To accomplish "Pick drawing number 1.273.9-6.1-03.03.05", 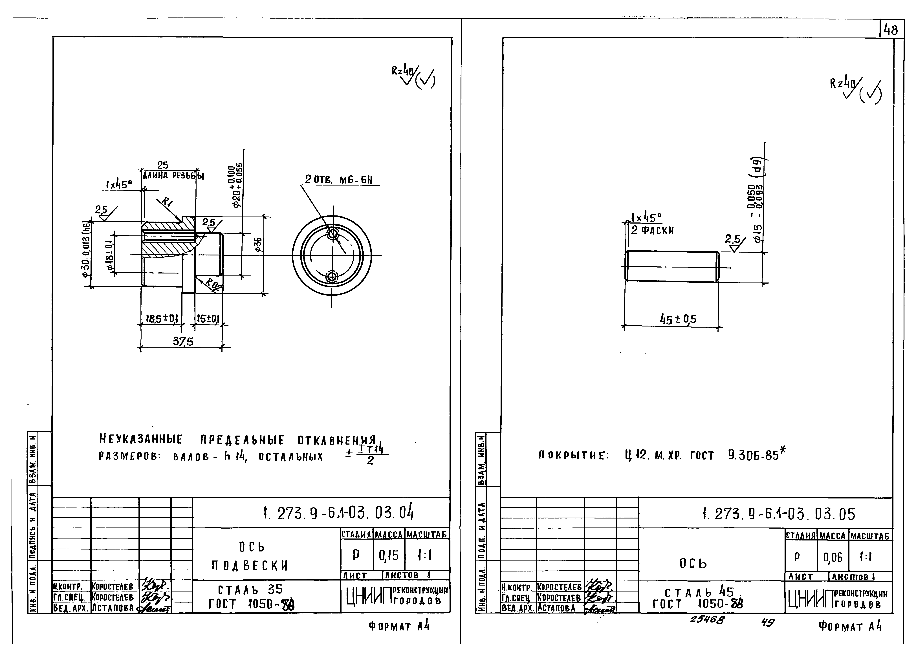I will (779, 514).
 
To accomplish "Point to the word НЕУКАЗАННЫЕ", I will (141, 440).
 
